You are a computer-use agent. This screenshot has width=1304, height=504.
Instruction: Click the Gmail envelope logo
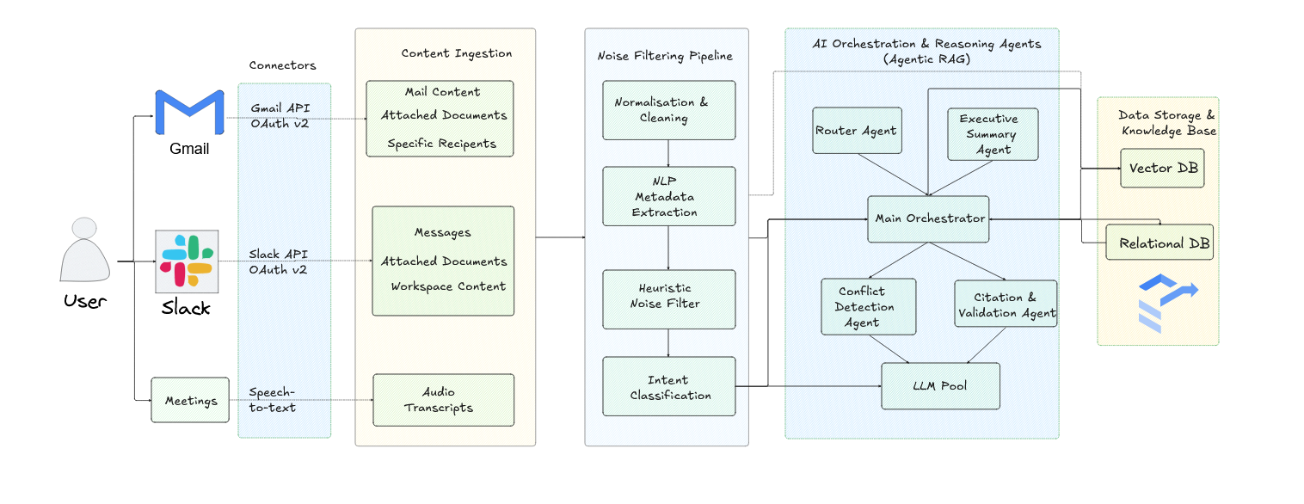(x=189, y=113)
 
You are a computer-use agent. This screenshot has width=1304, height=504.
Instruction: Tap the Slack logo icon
(x=187, y=261)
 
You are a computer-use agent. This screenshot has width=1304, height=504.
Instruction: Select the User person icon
(x=84, y=249)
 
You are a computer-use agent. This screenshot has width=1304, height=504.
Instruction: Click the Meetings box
(x=190, y=400)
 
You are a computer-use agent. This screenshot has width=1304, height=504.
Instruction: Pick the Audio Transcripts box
(x=443, y=400)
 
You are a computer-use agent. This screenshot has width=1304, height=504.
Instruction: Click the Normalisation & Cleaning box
(x=669, y=110)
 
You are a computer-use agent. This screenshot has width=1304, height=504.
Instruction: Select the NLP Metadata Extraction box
(x=669, y=196)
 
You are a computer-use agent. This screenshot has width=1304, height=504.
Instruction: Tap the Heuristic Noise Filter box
(x=669, y=299)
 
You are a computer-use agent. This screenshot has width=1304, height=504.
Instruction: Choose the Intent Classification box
(x=669, y=386)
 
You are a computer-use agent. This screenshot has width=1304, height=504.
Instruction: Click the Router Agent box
(x=857, y=131)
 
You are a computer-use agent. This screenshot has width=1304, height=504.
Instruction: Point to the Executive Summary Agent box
(x=993, y=134)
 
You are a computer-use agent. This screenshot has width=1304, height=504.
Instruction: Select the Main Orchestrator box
(x=928, y=218)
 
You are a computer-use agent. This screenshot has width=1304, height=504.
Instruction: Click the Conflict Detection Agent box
(x=868, y=307)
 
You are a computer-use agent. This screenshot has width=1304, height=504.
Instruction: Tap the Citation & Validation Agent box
(x=1006, y=304)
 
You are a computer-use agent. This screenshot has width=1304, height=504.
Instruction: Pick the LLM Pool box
(x=940, y=386)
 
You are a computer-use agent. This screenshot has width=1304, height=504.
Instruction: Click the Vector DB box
(x=1162, y=169)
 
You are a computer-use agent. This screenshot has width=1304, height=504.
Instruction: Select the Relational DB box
(x=1159, y=242)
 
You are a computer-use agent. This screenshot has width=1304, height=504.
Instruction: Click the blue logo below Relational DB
(x=1167, y=304)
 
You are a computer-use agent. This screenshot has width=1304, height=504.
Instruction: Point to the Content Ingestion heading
(x=457, y=53)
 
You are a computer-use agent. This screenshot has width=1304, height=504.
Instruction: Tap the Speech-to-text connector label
(x=272, y=400)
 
